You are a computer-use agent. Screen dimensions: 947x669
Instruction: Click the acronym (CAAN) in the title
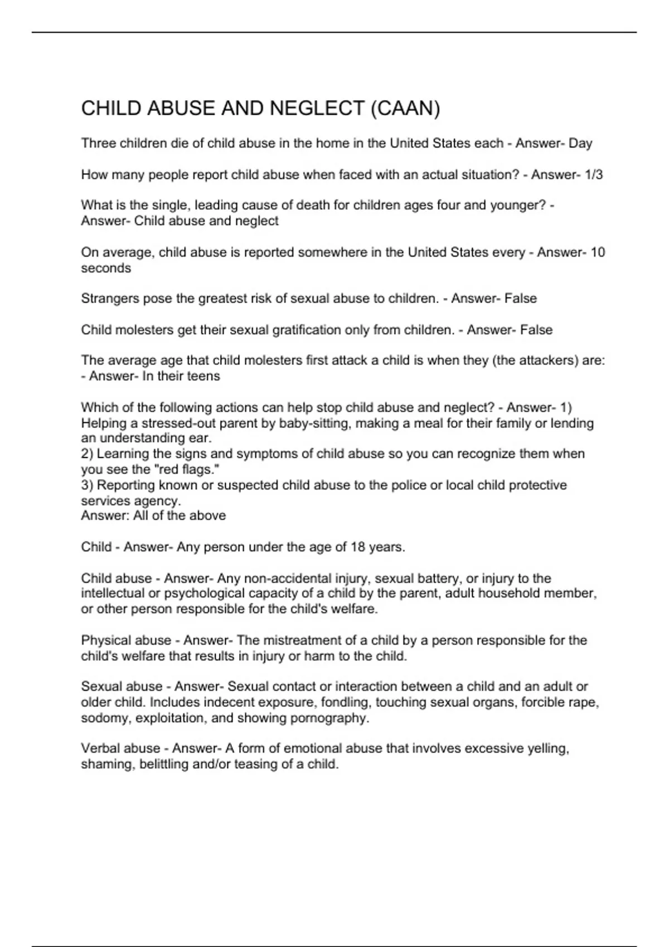tap(405, 108)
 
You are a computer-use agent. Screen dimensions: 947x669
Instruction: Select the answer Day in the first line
tap(580, 143)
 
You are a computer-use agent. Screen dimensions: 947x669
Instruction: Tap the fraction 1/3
tap(593, 174)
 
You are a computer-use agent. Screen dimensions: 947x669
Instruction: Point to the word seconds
tap(106, 268)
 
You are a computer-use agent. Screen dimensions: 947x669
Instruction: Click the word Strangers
tap(110, 299)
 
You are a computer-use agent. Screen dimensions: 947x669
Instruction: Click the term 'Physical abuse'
tap(126, 641)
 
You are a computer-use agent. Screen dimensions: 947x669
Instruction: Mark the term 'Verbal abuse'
tap(120, 748)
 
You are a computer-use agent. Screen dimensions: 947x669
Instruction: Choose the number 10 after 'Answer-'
tap(598, 252)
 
